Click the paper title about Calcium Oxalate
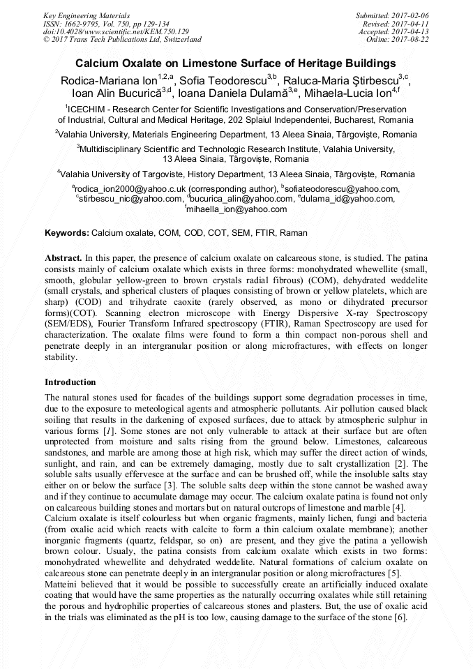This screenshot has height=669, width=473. [x=236, y=62]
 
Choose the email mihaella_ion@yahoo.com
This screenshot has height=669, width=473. [x=238, y=209]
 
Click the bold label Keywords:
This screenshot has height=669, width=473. [x=67, y=232]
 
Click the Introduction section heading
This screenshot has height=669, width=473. [x=70, y=382]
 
